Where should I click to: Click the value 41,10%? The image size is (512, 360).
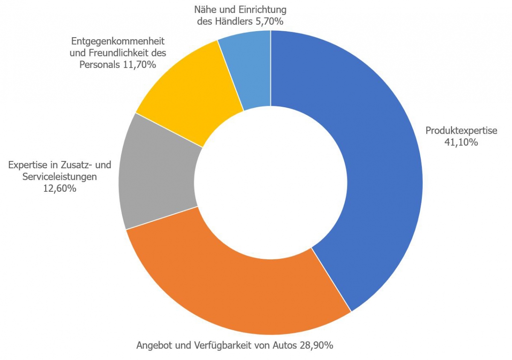click(461, 143)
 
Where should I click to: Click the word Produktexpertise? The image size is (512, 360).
click(461, 131)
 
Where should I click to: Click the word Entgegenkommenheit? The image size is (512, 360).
click(118, 42)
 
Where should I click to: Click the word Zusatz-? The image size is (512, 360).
click(77, 165)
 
